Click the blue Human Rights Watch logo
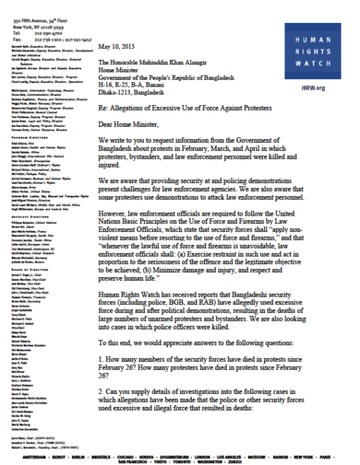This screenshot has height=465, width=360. point(312,51)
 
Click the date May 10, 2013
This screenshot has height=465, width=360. point(116,47)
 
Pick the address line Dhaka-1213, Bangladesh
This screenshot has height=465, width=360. point(131,92)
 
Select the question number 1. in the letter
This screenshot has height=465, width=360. point(100,359)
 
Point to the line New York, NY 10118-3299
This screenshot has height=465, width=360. point(38,27)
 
